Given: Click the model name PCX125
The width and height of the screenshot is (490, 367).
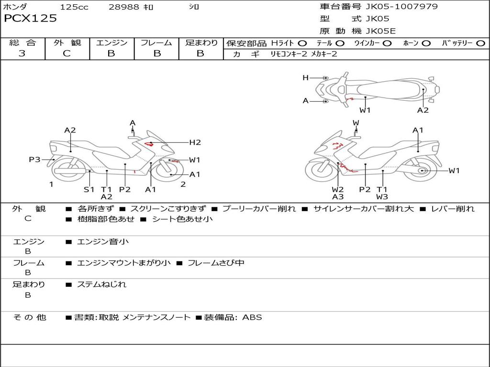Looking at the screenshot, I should (30, 19).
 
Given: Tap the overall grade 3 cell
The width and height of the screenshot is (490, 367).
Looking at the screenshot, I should (22, 54).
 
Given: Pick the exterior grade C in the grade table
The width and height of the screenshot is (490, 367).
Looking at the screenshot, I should (67, 54).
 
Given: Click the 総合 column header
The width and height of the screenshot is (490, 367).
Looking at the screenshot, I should (22, 43).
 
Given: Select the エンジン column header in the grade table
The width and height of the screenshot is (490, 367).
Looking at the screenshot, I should (111, 43).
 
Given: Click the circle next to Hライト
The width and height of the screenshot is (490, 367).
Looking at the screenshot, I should (302, 43).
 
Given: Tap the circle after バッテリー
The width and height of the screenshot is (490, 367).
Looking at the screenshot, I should (480, 43).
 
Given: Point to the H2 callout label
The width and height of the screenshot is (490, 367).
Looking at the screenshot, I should (195, 142).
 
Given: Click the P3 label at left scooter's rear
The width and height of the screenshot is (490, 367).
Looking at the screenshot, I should (34, 160).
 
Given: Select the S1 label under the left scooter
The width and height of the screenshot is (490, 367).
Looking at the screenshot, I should (89, 189).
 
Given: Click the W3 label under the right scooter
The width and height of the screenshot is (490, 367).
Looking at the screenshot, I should (382, 196).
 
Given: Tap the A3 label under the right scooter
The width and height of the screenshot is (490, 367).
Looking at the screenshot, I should (338, 196).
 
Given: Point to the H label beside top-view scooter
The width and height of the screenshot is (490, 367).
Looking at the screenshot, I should (305, 77).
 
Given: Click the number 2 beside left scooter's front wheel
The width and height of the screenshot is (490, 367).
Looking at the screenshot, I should (183, 184).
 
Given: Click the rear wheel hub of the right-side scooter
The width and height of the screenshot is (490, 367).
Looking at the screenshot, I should (422, 171).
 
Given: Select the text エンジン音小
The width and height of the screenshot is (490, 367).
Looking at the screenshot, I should (103, 242).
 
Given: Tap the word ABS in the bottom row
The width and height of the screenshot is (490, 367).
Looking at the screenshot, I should (252, 317).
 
